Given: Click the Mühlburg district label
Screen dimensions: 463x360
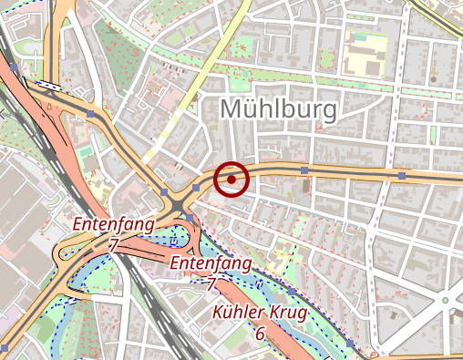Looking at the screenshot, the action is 279,110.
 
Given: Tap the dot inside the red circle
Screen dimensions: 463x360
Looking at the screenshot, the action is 232,180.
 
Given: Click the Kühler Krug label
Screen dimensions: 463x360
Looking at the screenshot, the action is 260,314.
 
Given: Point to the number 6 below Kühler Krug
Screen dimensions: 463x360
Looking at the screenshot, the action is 260,334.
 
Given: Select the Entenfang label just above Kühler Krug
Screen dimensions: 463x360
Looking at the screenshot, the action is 211,263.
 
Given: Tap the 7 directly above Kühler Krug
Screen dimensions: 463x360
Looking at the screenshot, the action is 211,283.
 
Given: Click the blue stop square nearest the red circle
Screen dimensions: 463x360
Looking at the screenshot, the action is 197,187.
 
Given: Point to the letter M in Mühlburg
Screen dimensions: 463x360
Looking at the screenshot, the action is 232,110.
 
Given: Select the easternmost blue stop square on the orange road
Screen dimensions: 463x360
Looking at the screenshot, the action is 402,174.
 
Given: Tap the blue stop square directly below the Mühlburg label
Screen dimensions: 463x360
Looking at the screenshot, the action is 304,170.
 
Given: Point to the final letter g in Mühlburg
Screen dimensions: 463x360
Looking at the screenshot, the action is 328,113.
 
